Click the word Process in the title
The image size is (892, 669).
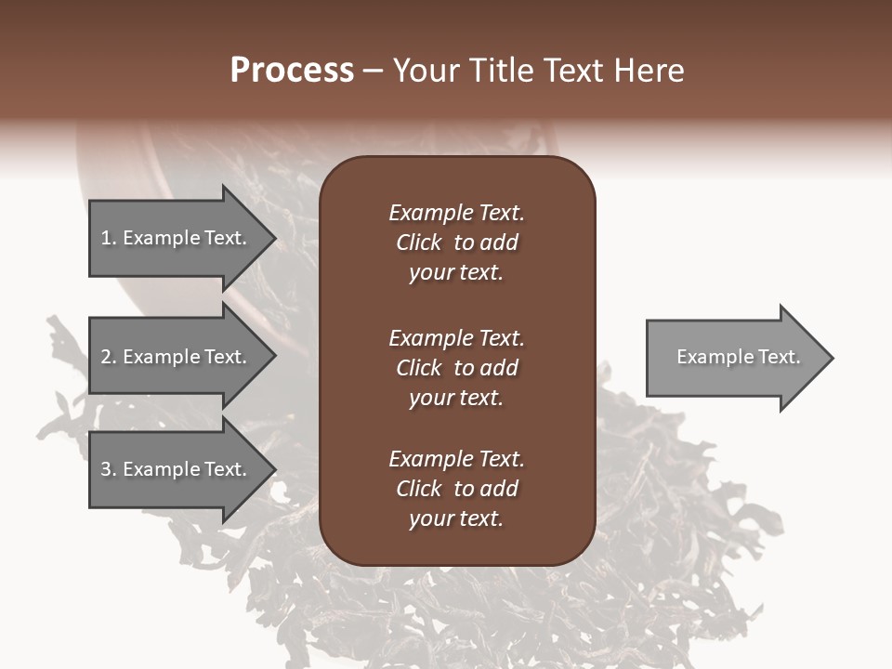pyautogui.click(x=292, y=71)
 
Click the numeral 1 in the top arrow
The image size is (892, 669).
pyautogui.click(x=105, y=238)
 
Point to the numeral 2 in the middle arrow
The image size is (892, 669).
pyautogui.click(x=106, y=357)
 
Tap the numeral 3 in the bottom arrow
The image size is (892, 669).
pyautogui.click(x=106, y=469)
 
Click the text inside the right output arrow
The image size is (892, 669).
pyautogui.click(x=738, y=357)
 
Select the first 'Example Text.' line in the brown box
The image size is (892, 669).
pyautogui.click(x=456, y=213)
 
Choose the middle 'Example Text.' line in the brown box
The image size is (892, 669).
pyautogui.click(x=456, y=338)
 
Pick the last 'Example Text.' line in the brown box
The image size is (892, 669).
pyautogui.click(x=456, y=459)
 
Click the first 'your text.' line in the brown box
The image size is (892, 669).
pyautogui.click(x=456, y=273)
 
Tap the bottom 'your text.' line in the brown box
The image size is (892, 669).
pyautogui.click(x=456, y=519)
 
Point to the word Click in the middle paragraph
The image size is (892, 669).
pyautogui.click(x=418, y=368)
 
